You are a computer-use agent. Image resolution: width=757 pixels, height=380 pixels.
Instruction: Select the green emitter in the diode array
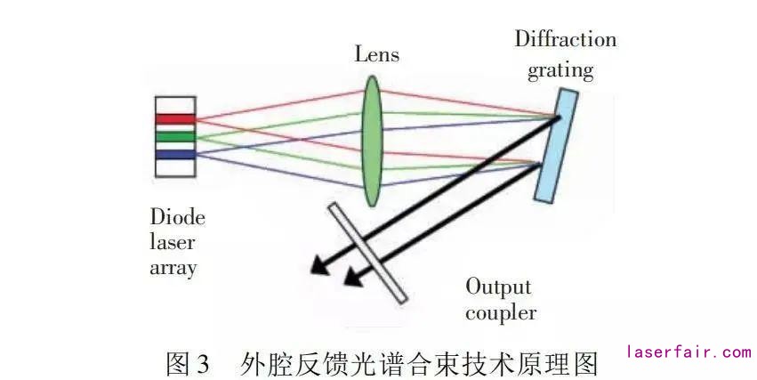click(174, 137)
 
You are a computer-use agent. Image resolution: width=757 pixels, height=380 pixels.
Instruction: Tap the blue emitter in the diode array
click(174, 155)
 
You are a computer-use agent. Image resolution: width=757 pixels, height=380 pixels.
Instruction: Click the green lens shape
click(372, 141)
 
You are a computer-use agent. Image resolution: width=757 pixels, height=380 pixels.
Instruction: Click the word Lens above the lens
click(376, 55)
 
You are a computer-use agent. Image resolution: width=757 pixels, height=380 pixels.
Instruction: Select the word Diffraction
click(565, 40)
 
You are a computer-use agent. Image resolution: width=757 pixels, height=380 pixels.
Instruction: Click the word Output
click(498, 287)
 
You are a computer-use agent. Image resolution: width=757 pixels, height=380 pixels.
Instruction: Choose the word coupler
click(501, 312)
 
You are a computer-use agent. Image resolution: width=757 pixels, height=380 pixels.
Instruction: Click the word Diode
click(178, 218)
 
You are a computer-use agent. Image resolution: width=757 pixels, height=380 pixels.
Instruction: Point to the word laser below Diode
click(173, 242)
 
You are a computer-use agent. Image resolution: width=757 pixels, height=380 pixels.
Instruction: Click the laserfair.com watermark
click(689, 352)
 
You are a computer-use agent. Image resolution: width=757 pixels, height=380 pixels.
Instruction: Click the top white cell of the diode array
click(174, 104)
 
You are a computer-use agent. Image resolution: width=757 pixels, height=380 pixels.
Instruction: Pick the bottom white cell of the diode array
click(174, 168)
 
